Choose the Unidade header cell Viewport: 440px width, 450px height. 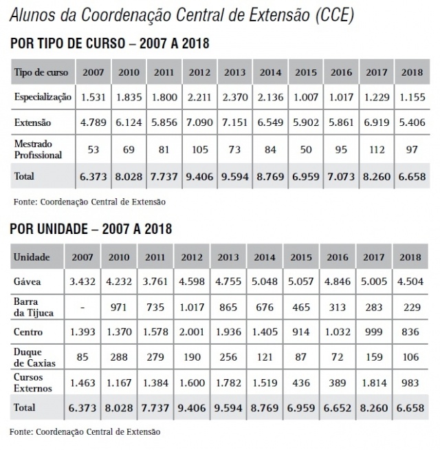pyautogui.click(x=32, y=257)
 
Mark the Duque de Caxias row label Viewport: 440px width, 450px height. pyautogui.click(x=31, y=358)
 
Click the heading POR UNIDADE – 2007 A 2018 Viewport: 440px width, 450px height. pyautogui.click(x=91, y=228)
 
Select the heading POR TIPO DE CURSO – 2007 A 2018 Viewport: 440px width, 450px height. pyautogui.click(x=110, y=43)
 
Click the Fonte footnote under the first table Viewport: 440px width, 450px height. pyautogui.click(x=89, y=202)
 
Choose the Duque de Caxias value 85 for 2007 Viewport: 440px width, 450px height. pyautogui.click(x=83, y=358)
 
